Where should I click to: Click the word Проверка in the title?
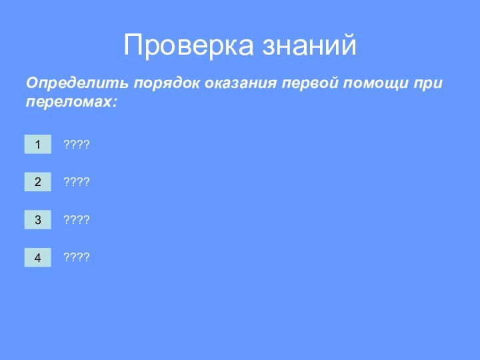(187, 45)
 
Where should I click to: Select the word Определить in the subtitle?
(77, 85)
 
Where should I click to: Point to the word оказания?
(240, 85)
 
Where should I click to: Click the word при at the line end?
(429, 85)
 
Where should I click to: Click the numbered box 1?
(38, 144)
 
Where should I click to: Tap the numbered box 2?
(38, 181)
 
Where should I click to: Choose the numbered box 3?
(38, 219)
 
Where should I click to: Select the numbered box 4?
(38, 257)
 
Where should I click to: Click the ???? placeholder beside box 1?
(76, 145)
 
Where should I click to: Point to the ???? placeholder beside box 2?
(76, 182)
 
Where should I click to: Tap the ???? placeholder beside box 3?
(76, 219)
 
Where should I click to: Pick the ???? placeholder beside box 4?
(76, 257)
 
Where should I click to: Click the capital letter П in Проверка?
(135, 45)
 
